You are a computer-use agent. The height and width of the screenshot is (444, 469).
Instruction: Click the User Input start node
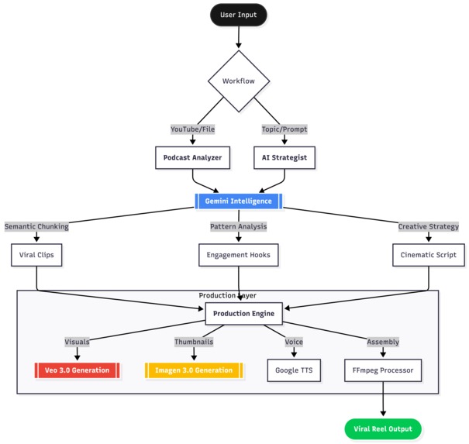pyautogui.click(x=238, y=14)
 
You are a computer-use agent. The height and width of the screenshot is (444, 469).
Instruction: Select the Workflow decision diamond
pyautogui.click(x=238, y=81)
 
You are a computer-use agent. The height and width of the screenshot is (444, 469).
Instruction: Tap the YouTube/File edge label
pyautogui.click(x=192, y=129)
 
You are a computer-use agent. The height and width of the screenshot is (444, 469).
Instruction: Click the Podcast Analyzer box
pyautogui.click(x=192, y=158)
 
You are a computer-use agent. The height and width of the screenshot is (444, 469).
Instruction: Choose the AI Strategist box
pyautogui.click(x=284, y=158)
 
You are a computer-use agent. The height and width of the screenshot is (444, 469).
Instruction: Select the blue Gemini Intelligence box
pyautogui.click(x=238, y=201)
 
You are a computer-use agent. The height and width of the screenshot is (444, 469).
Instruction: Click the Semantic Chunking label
pyautogui.click(x=36, y=226)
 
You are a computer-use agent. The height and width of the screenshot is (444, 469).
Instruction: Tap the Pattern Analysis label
pyautogui.click(x=238, y=226)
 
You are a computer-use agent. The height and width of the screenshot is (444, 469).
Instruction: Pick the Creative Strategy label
pyautogui.click(x=429, y=226)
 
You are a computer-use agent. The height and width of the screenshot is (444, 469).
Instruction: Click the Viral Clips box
pyautogui.click(x=36, y=254)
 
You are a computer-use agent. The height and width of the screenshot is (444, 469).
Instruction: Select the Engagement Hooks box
pyautogui.click(x=238, y=254)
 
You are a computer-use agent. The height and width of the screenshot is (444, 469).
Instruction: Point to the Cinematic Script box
pyautogui.click(x=429, y=254)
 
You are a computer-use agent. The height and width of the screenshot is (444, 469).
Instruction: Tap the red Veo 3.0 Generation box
pyautogui.click(x=77, y=370)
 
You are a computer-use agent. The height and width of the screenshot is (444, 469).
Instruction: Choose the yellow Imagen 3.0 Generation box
pyautogui.click(x=194, y=370)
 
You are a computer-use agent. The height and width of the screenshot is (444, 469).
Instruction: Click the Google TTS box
pyautogui.click(x=294, y=370)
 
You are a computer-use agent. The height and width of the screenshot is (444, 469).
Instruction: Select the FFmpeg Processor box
pyautogui.click(x=383, y=370)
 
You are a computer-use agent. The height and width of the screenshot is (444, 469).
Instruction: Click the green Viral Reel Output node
pyautogui.click(x=383, y=429)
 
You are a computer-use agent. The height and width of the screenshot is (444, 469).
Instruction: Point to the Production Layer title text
pyautogui.click(x=227, y=296)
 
